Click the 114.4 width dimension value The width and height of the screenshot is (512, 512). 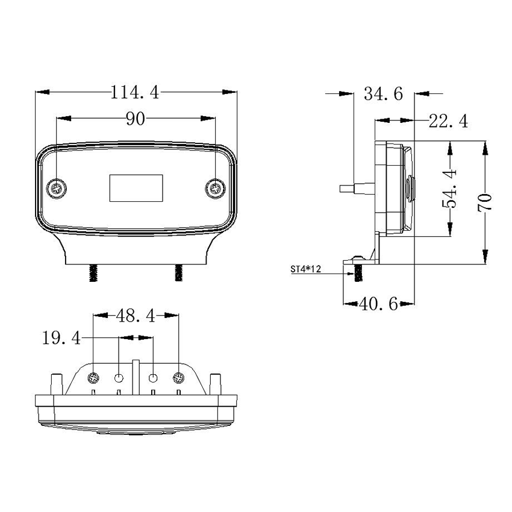pyautogui.click(x=135, y=92)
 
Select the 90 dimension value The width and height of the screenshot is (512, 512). pyautogui.click(x=136, y=119)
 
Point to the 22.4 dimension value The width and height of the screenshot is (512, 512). pyautogui.click(x=448, y=121)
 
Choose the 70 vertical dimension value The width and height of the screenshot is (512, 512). pyautogui.click(x=485, y=201)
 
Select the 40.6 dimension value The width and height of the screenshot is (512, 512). pyautogui.click(x=378, y=304)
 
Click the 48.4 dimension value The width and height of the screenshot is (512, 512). pyautogui.click(x=136, y=315)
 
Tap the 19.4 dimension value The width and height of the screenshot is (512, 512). pyautogui.click(x=61, y=339)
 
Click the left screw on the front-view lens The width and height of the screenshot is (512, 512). pyautogui.click(x=57, y=189)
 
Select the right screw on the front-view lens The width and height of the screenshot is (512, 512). pyautogui.click(x=214, y=189)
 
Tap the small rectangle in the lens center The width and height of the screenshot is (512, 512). pyautogui.click(x=136, y=187)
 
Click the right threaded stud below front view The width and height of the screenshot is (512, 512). pyautogui.click(x=178, y=273)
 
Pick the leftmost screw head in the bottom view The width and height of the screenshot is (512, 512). pyautogui.click(x=94, y=378)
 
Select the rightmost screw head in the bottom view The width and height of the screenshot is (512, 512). pyautogui.click(x=178, y=378)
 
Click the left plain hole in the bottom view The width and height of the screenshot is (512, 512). pyautogui.click(x=119, y=378)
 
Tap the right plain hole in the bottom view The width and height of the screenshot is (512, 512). pyautogui.click(x=154, y=378)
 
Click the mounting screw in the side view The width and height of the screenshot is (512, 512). pyautogui.click(x=358, y=270)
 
